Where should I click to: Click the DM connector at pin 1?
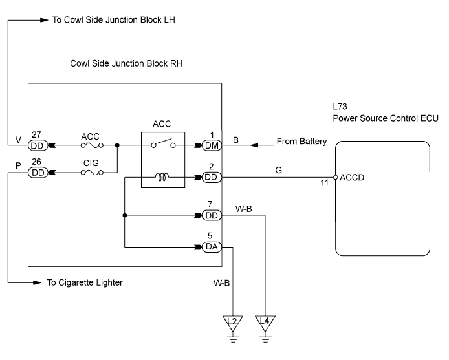[x=211, y=147]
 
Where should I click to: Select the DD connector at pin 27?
[x=37, y=147]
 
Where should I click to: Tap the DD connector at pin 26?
[x=37, y=173]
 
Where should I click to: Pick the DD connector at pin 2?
[x=211, y=176]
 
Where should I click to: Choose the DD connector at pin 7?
[x=211, y=216]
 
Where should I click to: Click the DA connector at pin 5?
[x=211, y=247]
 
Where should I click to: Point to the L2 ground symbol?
[x=231, y=321]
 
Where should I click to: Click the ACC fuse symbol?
[x=90, y=147]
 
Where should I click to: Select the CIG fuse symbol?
[x=90, y=173]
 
